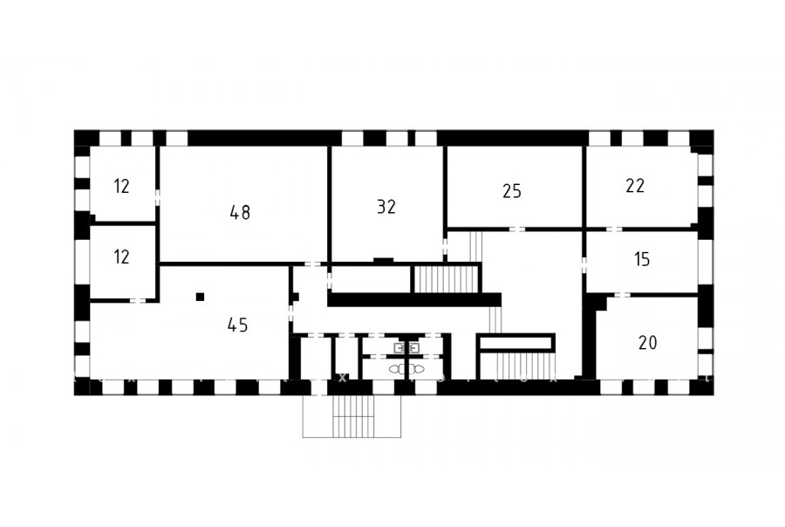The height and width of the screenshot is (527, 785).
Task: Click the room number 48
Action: pos(240,212)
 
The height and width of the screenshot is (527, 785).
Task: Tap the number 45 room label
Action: pos(237,325)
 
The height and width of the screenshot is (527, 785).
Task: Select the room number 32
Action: pos(386,207)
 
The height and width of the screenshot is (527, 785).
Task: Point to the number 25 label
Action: pos(512,191)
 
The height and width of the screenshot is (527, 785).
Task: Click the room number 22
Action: pos(635,185)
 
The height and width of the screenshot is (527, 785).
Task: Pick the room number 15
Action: pos(642,259)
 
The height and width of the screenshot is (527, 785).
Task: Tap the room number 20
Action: pos(647,343)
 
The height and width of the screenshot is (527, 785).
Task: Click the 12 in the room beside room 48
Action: pos(121,187)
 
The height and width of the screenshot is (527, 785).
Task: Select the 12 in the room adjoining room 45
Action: pos(121,257)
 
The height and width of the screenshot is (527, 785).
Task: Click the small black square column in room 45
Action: pos(201,297)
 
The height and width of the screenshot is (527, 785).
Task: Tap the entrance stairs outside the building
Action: pos(352,416)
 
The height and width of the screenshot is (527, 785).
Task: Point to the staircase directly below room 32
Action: pos(445,279)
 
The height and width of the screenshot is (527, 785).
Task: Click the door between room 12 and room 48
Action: pos(157,197)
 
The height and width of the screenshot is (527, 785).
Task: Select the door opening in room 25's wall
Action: pos(516,229)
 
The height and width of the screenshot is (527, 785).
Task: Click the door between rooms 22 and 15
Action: pos(614,229)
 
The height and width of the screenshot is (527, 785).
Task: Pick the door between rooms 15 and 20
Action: pos(621,295)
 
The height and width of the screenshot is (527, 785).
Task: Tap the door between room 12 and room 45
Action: pos(138,300)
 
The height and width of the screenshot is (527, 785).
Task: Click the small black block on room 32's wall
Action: pos(384,260)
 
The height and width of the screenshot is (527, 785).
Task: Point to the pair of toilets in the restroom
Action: pos(406,369)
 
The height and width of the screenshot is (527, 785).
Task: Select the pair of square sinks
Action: pos(406,346)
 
